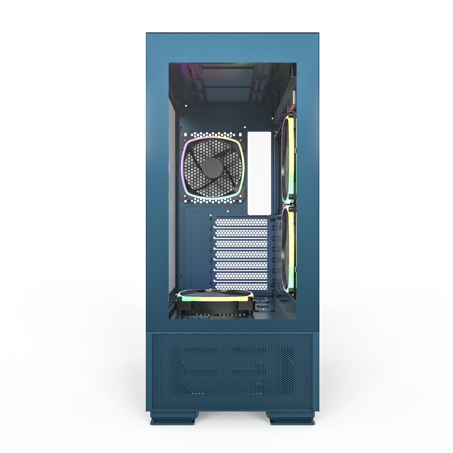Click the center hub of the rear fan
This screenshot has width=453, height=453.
pos(212,167)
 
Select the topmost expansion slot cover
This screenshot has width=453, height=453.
pos(241,222)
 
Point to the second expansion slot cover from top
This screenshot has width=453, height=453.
pos(241,233)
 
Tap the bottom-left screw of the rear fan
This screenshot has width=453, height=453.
pos(185,195)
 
